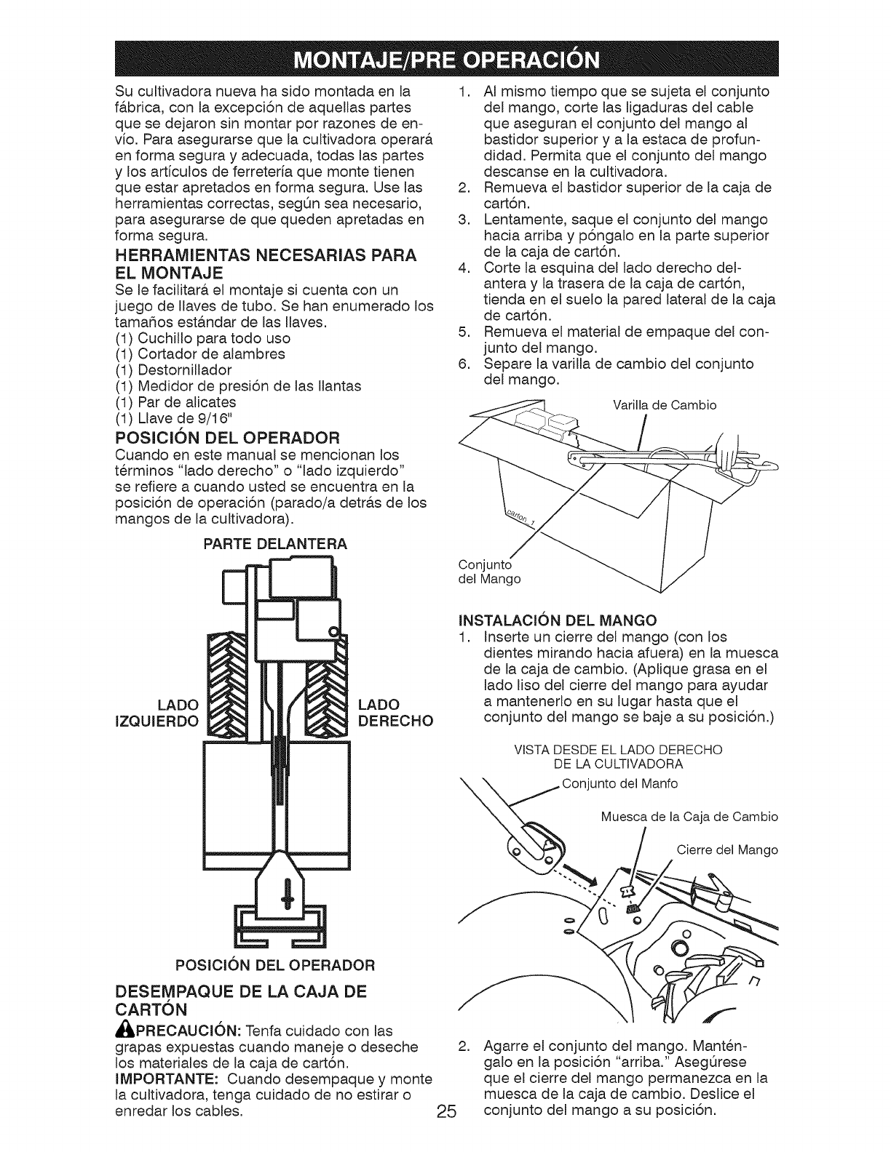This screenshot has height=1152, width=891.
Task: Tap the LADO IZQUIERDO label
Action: pyautogui.click(x=159, y=713)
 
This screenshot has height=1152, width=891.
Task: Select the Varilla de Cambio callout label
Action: pyautogui.click(x=662, y=405)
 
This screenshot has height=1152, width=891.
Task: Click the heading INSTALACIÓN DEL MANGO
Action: pyautogui.click(x=557, y=620)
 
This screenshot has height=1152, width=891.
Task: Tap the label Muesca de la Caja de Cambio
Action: pyautogui.click(x=689, y=817)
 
